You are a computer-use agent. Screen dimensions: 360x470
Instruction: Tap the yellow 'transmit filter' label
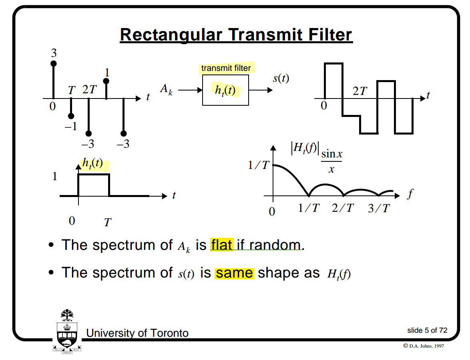click(226, 68)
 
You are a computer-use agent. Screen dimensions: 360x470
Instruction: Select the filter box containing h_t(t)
click(225, 91)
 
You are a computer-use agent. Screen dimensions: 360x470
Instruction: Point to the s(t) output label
click(281, 78)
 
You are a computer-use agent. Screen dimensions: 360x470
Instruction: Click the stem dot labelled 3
click(53, 63)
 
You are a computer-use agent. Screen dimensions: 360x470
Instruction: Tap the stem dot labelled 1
click(106, 81)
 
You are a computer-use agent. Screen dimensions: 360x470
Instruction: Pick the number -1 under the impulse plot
click(70, 127)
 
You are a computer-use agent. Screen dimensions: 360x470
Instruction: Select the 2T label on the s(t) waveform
click(360, 91)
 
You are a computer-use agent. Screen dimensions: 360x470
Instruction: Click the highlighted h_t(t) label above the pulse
click(92, 163)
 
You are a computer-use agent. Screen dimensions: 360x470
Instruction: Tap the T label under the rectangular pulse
click(107, 222)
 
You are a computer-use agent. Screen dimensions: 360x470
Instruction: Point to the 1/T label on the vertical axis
click(258, 165)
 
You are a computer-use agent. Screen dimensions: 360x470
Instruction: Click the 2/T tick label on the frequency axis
click(343, 209)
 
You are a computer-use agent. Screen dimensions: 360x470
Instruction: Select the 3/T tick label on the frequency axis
click(378, 209)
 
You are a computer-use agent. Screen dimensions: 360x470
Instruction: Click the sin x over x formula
click(331, 161)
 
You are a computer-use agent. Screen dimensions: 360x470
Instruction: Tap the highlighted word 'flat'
click(221, 245)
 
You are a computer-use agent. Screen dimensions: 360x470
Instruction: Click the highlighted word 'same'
click(234, 273)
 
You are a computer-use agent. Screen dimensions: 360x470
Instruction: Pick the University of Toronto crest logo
click(67, 331)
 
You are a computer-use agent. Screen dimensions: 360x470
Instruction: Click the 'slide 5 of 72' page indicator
click(427, 330)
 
